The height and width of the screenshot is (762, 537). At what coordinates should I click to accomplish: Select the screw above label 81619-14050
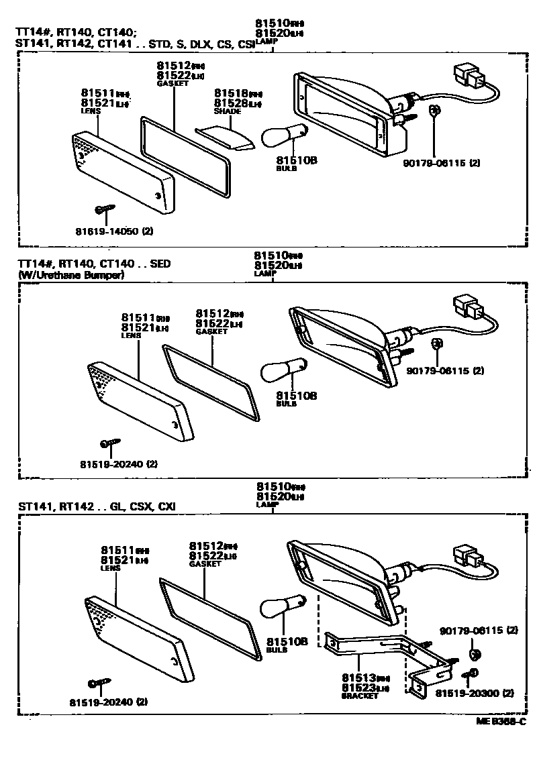[x=105, y=210]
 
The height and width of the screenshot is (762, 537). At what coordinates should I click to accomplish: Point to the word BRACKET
[x=360, y=696]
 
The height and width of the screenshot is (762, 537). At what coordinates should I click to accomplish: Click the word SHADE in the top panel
[x=228, y=112]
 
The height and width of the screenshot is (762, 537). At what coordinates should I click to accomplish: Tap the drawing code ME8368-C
[x=500, y=722]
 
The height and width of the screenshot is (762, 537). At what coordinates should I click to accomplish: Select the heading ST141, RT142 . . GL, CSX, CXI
[x=97, y=505]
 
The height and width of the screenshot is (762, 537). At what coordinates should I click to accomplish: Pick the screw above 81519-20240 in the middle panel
[x=109, y=443]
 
